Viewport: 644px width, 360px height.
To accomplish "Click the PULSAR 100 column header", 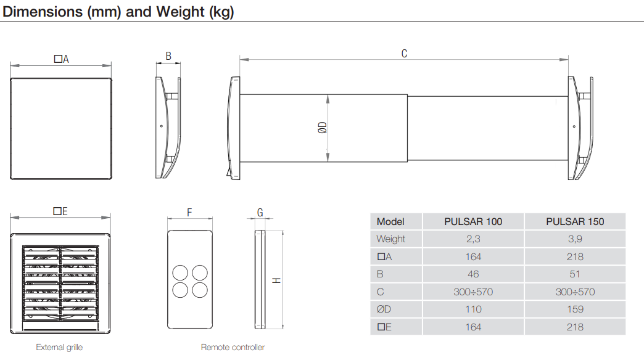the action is tap(473, 222).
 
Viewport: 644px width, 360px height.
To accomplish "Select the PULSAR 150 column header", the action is tap(575, 222).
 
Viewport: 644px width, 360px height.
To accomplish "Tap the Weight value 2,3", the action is tap(473, 239).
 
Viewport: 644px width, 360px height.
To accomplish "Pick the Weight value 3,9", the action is tap(575, 239).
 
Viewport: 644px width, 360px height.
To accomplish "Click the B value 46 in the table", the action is tap(473, 274).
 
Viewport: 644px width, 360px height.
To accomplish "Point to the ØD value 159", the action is tap(575, 309).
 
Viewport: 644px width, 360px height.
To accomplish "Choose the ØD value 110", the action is tap(473, 309).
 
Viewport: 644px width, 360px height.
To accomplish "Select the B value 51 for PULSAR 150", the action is tap(575, 274).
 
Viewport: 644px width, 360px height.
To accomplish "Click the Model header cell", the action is tap(390, 222).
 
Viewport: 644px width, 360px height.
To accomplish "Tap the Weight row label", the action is tap(390, 239).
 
